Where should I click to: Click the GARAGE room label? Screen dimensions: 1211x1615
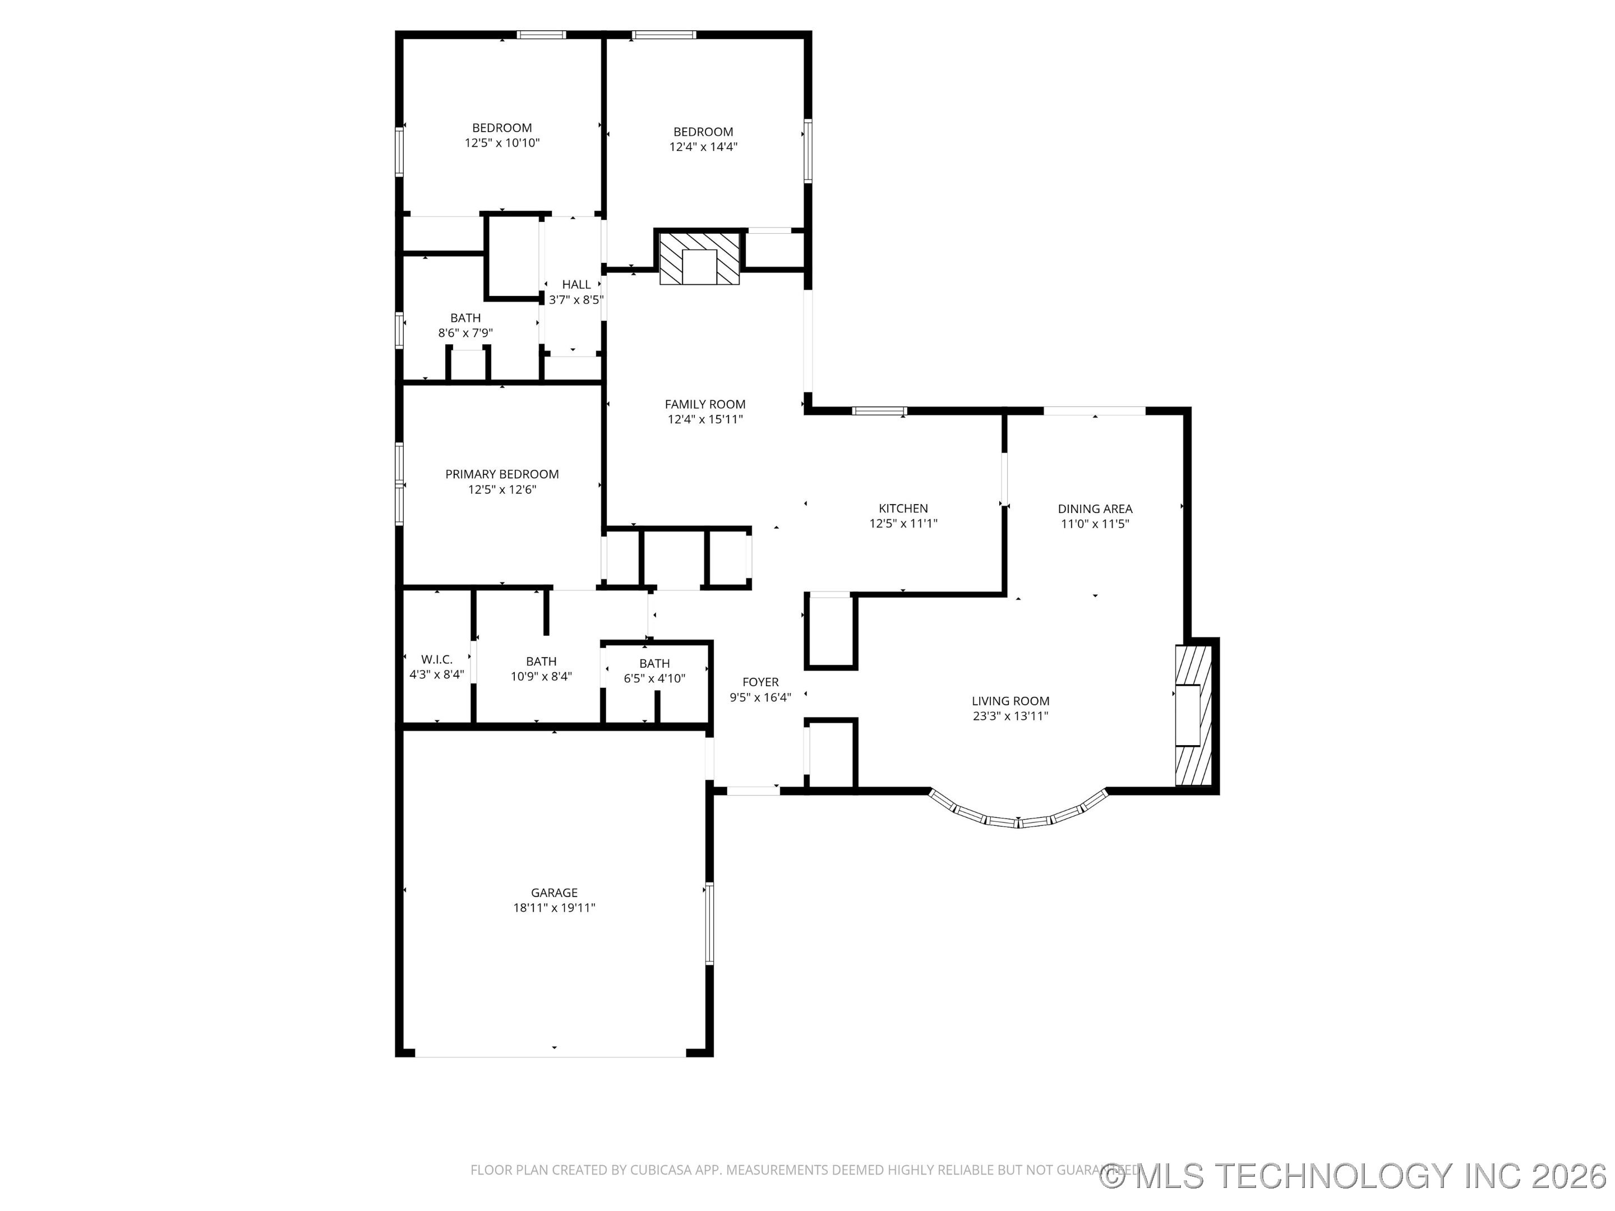pos(554,892)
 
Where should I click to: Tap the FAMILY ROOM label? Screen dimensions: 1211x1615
pos(704,404)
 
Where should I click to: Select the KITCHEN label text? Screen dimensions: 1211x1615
pos(903,508)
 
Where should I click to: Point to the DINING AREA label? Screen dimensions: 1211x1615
pos(1095,509)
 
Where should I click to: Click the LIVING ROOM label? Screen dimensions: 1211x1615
pos(1010,701)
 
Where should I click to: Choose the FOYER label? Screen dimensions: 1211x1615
pos(760,682)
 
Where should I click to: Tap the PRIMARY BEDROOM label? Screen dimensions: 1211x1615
pos(501,474)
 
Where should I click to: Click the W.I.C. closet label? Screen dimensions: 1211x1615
pos(437,659)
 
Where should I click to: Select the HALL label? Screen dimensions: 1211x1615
pos(576,284)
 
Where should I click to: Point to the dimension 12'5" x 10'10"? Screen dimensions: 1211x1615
pos(501,143)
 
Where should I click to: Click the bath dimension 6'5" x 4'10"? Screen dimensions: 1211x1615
pos(654,678)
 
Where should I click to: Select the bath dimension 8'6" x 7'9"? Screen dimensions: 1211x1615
pos(465,333)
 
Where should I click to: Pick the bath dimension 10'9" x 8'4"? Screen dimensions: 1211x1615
pos(541,677)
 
